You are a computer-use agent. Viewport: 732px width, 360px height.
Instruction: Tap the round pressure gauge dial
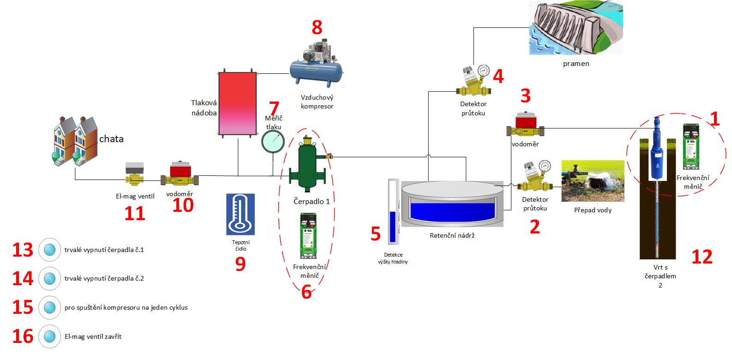[x=273, y=141]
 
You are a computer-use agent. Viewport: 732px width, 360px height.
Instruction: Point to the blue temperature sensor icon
[x=240, y=215]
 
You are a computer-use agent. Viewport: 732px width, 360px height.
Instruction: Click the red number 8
[x=317, y=28]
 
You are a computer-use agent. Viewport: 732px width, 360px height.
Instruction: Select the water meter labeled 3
[x=527, y=126]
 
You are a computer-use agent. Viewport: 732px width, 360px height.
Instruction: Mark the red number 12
[x=702, y=257]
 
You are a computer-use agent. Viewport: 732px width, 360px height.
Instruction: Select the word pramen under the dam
[x=576, y=64]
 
